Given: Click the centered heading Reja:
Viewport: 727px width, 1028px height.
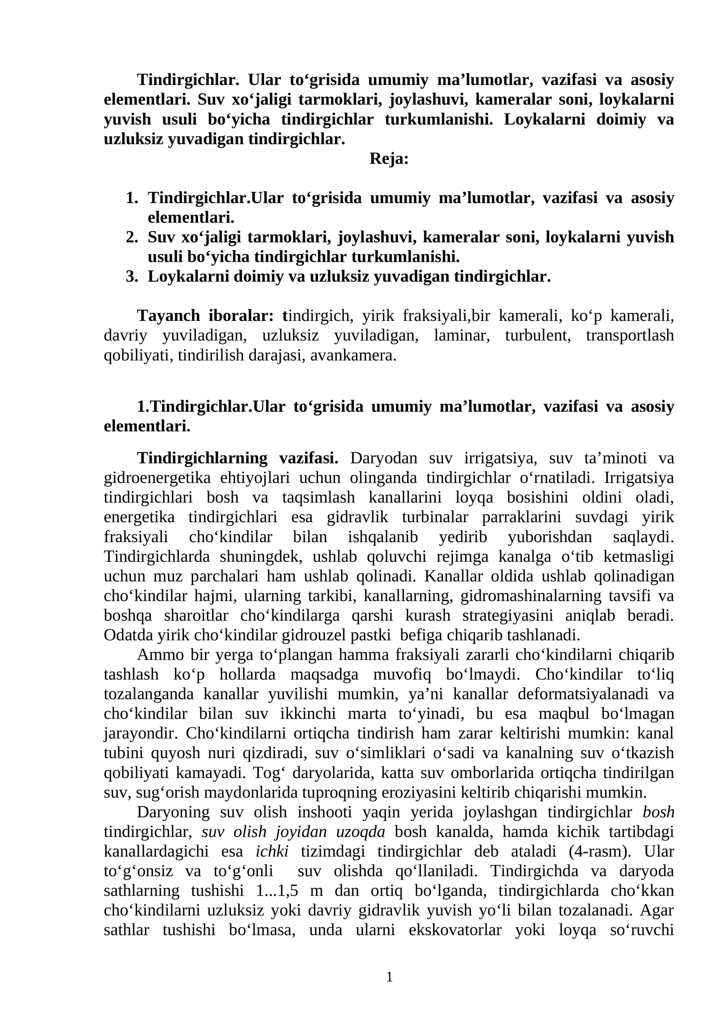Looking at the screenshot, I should tap(389, 159).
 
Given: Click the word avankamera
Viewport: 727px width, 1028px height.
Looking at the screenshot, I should tap(354, 355).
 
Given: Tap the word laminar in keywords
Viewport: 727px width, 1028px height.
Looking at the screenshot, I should tap(462, 335).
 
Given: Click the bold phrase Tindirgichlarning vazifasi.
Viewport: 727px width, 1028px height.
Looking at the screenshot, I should tap(238, 458).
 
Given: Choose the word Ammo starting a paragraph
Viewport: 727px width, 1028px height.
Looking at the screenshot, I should tap(154, 655).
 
